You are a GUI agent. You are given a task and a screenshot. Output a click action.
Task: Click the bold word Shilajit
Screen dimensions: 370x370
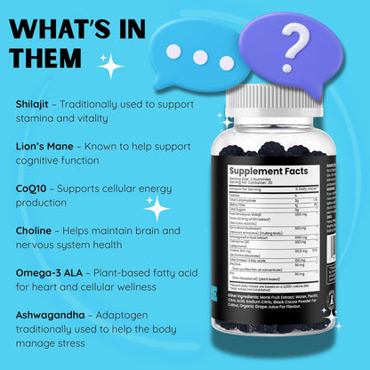click(32, 103)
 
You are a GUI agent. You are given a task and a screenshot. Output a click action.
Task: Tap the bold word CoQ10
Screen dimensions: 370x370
click(33, 189)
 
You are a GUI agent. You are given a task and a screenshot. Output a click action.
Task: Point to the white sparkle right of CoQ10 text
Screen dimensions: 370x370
click(157, 209)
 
